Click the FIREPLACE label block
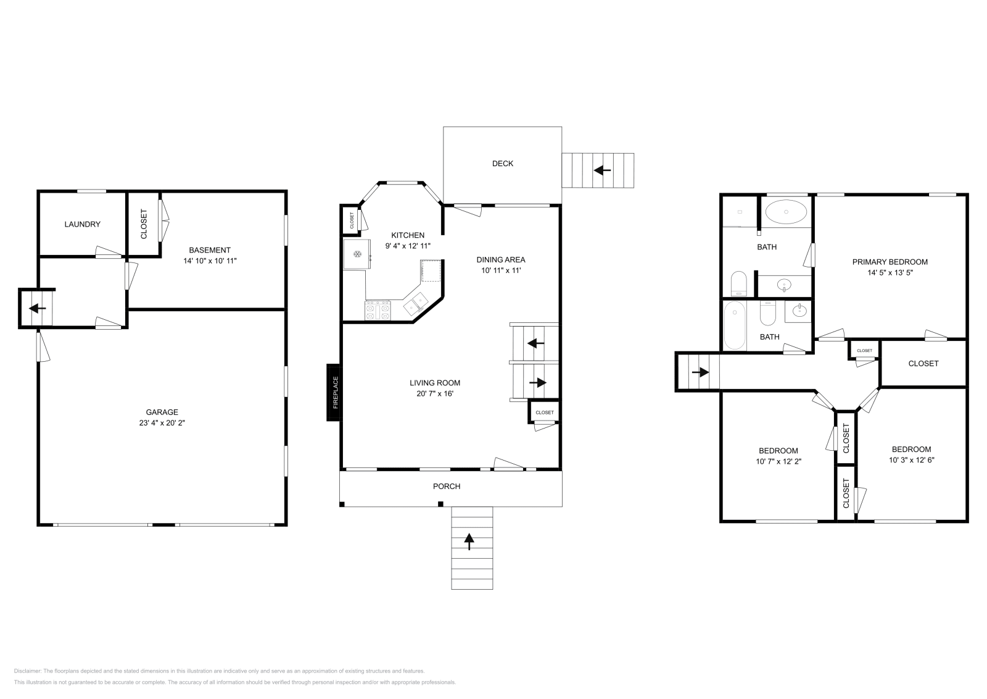(x=334, y=392)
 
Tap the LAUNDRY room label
(x=83, y=224)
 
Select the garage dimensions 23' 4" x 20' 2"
(x=162, y=422)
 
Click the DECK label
(x=502, y=164)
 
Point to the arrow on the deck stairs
(x=602, y=170)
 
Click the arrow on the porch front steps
(x=469, y=542)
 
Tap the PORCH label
(x=447, y=487)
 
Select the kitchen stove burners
(x=378, y=310)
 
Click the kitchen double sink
(x=416, y=303)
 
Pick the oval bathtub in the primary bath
(x=786, y=212)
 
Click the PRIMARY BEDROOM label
(x=890, y=262)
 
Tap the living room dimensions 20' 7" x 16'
(x=434, y=393)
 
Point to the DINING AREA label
(x=500, y=260)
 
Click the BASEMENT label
(x=210, y=250)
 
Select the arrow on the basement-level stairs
(x=38, y=308)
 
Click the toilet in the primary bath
(x=738, y=283)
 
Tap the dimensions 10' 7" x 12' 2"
(x=778, y=461)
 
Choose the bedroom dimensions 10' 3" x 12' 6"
(x=911, y=460)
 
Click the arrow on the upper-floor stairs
(x=700, y=372)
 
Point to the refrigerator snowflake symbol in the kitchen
(x=357, y=254)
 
